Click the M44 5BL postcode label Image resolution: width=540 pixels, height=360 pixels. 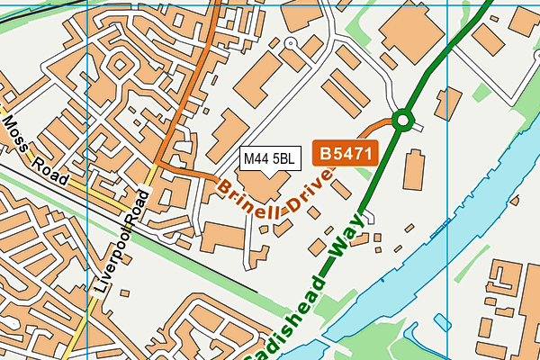tap(269, 159)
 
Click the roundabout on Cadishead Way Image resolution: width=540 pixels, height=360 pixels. tap(401, 119)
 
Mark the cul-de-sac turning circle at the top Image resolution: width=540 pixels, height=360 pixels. tap(290, 42)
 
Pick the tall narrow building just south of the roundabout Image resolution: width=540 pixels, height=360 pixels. tap(416, 170)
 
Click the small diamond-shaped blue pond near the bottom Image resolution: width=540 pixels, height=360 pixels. tap(441, 321)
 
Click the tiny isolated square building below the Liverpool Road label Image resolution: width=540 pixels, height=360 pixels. tap(124, 294)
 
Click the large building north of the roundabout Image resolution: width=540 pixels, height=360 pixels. tap(413, 31)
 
